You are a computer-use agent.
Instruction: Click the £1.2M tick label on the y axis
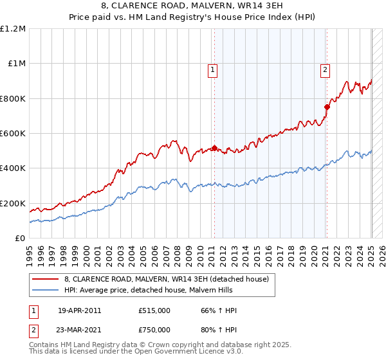[13, 29]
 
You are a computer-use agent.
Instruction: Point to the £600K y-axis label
[13, 134]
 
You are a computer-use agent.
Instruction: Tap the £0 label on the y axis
[20, 239]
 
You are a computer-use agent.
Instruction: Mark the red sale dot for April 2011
[214, 148]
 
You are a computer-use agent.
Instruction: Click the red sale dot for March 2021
[326, 107]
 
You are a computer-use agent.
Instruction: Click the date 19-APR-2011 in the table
[80, 310]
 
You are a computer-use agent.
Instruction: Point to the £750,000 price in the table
[154, 329]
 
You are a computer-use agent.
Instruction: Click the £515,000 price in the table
[154, 310]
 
